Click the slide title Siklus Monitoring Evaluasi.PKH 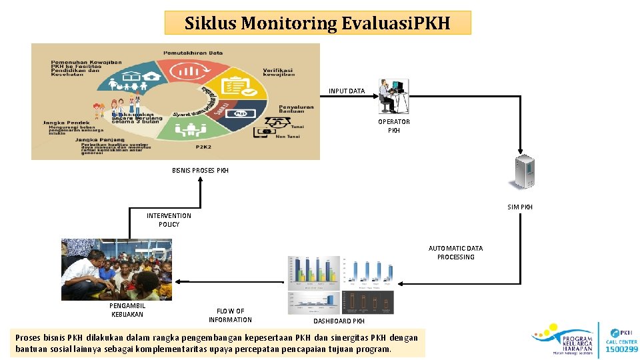(317, 23)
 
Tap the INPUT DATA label (347, 91)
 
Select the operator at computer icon (393, 96)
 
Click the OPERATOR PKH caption (394, 126)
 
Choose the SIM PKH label (520, 207)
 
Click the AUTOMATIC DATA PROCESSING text (456, 253)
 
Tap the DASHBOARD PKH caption (339, 321)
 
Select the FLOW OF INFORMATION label (230, 315)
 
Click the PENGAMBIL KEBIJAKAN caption (127, 310)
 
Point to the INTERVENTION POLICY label (169, 220)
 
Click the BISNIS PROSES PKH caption (200, 171)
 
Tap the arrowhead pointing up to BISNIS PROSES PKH (199, 182)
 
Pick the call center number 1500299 (621, 349)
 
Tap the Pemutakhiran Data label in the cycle (193, 52)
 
